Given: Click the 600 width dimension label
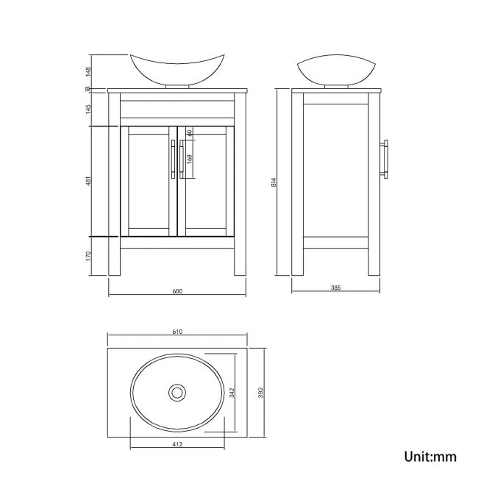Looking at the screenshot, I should [x=177, y=291].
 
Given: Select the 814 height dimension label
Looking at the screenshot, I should [x=274, y=182].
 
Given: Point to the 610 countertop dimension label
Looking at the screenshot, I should [x=177, y=332].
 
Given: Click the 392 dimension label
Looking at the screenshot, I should [x=260, y=394].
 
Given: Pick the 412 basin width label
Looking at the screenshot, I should [x=177, y=444].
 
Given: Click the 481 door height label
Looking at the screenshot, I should [x=88, y=182].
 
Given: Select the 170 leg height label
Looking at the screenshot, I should [x=88, y=257].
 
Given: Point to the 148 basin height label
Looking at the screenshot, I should [x=88, y=71].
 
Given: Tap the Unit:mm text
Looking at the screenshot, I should [x=430, y=457].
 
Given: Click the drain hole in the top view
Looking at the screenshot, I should [x=176, y=393].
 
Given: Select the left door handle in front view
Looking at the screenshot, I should [x=172, y=158].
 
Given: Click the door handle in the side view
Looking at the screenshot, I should [x=385, y=158].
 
